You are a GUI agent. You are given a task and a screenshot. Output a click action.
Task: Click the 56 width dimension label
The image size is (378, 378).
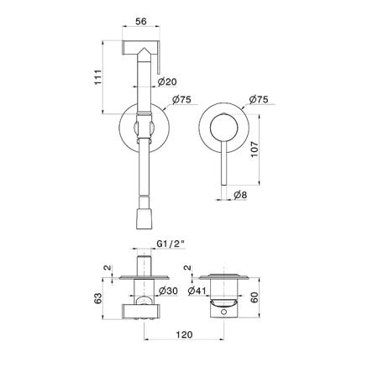pos(141,21)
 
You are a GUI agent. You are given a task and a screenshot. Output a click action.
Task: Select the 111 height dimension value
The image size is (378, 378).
pos(97,77)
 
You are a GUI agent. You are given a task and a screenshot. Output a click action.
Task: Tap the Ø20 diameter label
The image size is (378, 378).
pos(167,81)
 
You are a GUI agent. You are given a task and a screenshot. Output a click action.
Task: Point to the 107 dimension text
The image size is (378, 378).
pos(255,150)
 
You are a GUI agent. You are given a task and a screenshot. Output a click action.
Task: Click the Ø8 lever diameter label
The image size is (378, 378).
pos(240,195)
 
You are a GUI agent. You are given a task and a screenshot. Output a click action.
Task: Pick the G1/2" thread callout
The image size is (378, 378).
pos(171,244)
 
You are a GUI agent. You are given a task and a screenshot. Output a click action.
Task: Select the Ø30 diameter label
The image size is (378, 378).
pos(168,291)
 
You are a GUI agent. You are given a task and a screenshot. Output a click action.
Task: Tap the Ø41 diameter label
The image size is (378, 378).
pos(197,291)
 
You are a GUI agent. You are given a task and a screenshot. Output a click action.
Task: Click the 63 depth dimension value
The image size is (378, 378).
pos(97,298)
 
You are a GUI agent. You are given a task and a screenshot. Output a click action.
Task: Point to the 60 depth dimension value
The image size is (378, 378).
pos(255,297)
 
